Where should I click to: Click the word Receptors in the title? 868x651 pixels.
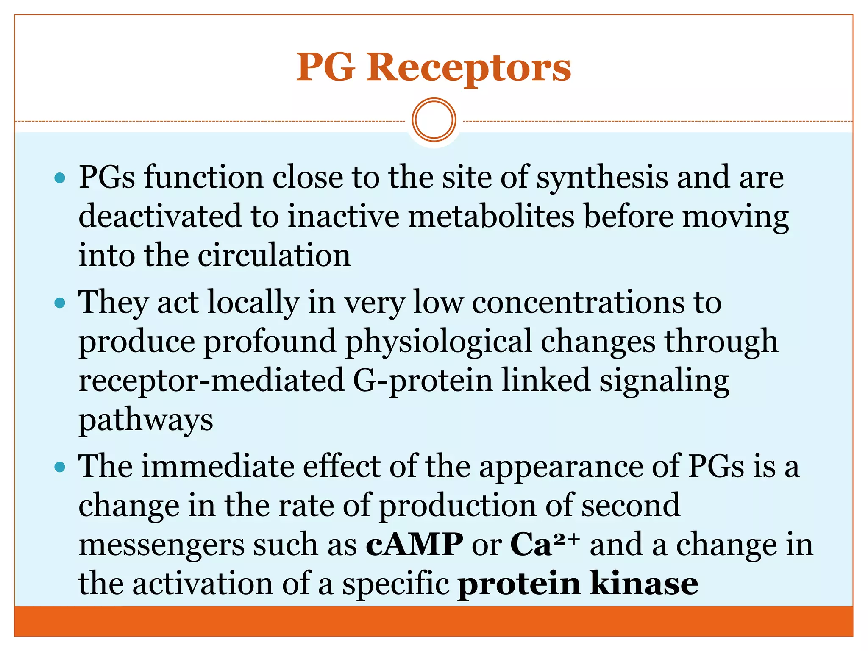(x=469, y=68)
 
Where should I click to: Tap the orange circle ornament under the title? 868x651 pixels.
(x=434, y=120)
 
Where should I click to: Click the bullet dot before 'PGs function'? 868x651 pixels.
(x=60, y=178)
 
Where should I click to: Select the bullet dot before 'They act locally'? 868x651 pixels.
(x=60, y=303)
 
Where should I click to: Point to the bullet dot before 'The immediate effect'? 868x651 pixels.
(x=60, y=467)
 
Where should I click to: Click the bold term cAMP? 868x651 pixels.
(x=414, y=545)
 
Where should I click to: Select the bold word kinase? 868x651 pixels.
(x=644, y=584)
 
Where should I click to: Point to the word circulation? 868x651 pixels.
(x=274, y=256)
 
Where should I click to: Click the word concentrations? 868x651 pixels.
(x=578, y=303)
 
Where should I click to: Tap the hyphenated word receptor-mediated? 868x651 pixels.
(x=211, y=381)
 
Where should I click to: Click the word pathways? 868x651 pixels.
(x=146, y=420)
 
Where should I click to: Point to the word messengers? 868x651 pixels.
(x=161, y=545)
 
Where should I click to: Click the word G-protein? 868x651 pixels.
(x=423, y=381)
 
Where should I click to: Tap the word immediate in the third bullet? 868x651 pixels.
(x=217, y=467)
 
